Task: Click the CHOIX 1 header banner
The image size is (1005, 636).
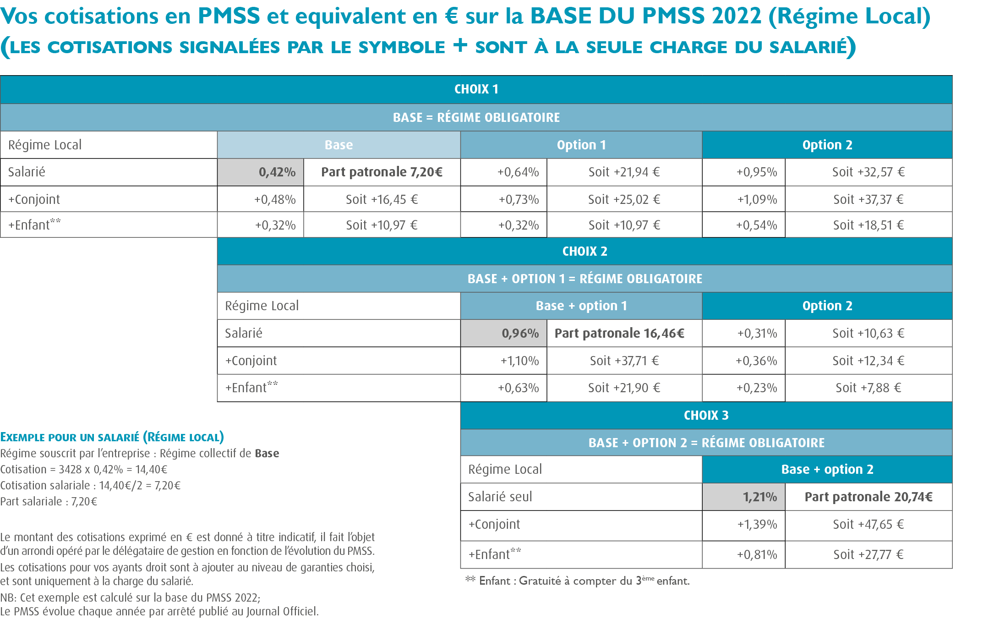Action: tap(476, 89)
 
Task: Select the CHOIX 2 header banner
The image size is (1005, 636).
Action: tap(584, 251)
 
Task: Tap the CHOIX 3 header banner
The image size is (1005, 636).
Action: tap(706, 415)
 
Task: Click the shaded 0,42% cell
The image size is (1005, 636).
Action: tap(261, 172)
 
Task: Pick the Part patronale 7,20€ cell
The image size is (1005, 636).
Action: tap(382, 172)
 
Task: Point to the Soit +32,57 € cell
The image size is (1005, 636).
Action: tap(868, 172)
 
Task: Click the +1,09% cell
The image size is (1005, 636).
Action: tap(743, 199)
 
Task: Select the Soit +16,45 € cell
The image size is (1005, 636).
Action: tap(382, 199)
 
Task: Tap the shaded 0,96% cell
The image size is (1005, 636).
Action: tap(503, 333)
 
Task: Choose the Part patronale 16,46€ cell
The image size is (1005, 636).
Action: tap(624, 333)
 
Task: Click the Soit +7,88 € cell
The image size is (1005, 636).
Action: tap(868, 388)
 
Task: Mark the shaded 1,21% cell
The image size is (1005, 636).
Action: tap(743, 497)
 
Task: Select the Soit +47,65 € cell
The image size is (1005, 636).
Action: tap(868, 524)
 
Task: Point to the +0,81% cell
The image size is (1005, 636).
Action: tap(743, 554)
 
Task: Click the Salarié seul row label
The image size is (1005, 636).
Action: tap(500, 497)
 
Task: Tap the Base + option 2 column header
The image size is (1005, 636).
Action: tap(827, 469)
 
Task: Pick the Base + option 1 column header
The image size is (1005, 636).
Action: tap(581, 306)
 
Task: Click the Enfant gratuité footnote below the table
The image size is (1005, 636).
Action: tap(577, 581)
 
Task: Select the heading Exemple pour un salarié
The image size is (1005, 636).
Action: tap(112, 437)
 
